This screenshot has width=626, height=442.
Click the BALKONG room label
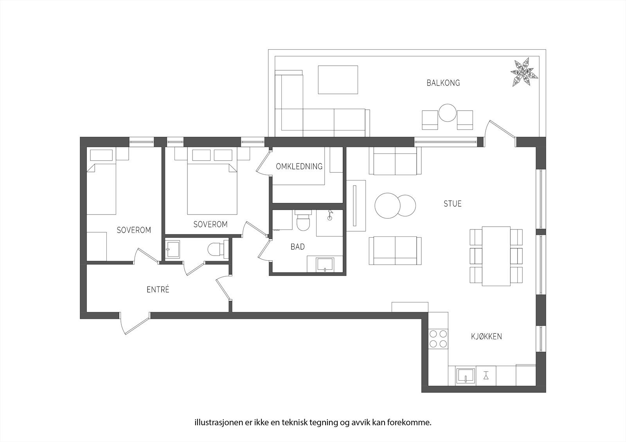click(x=443, y=83)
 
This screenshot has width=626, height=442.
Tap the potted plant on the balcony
click(x=524, y=72)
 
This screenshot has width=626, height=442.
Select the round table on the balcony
click(x=448, y=113)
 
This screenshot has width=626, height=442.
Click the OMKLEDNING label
click(x=299, y=166)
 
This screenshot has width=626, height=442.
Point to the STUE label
click(x=452, y=204)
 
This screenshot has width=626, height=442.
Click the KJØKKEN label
click(x=487, y=336)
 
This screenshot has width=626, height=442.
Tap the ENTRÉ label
click(x=158, y=289)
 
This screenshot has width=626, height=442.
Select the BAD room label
click(x=298, y=247)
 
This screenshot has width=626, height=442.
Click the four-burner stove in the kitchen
click(x=438, y=339)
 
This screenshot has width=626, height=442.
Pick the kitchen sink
click(x=466, y=376)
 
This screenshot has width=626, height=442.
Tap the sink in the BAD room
click(x=325, y=265)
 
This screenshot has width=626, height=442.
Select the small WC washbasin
click(x=173, y=249)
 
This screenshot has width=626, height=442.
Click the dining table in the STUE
click(x=496, y=256)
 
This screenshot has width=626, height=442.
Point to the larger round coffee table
click(x=387, y=206)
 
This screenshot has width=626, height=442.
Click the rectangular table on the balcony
click(x=338, y=80)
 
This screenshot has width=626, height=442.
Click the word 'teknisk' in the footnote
click(x=295, y=422)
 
